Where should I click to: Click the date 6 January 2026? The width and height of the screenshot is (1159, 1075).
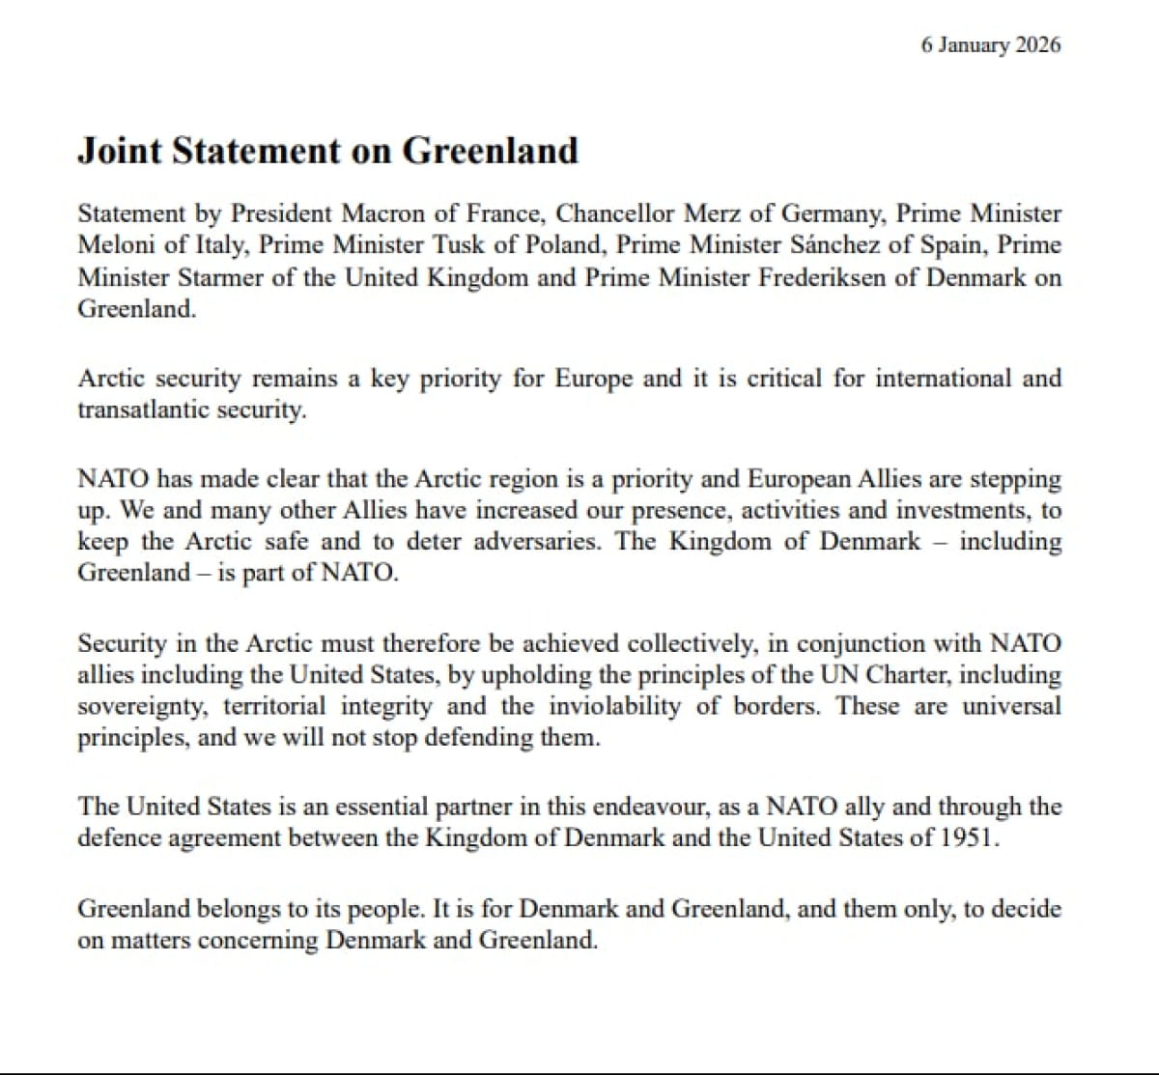click(991, 44)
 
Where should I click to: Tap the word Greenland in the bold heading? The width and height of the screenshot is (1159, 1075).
click(490, 151)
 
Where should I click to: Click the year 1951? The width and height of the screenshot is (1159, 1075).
click(967, 837)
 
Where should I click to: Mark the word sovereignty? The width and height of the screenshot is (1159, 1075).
click(142, 707)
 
